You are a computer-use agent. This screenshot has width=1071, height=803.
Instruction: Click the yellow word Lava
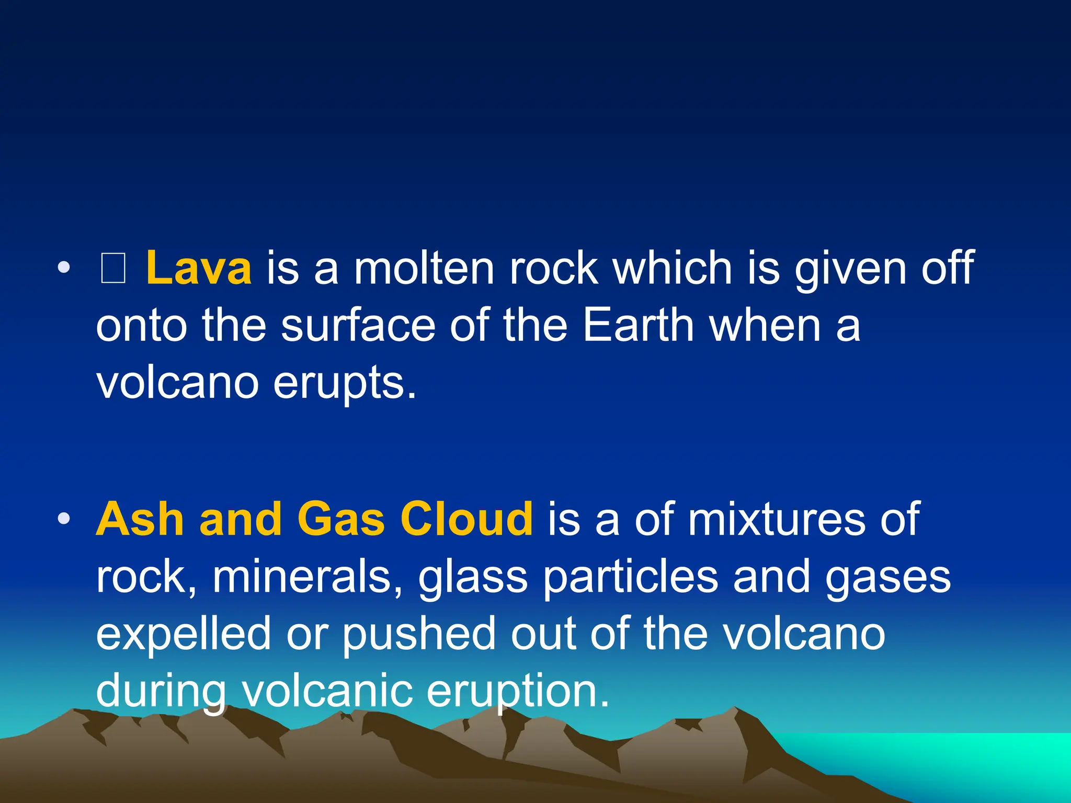[198, 268]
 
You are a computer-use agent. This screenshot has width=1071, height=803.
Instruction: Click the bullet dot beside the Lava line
[64, 269]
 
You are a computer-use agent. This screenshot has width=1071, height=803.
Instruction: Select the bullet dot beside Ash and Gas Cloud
[64, 519]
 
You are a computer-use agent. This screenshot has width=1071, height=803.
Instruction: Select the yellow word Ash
[140, 519]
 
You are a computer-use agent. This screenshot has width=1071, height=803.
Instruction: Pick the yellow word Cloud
[466, 519]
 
